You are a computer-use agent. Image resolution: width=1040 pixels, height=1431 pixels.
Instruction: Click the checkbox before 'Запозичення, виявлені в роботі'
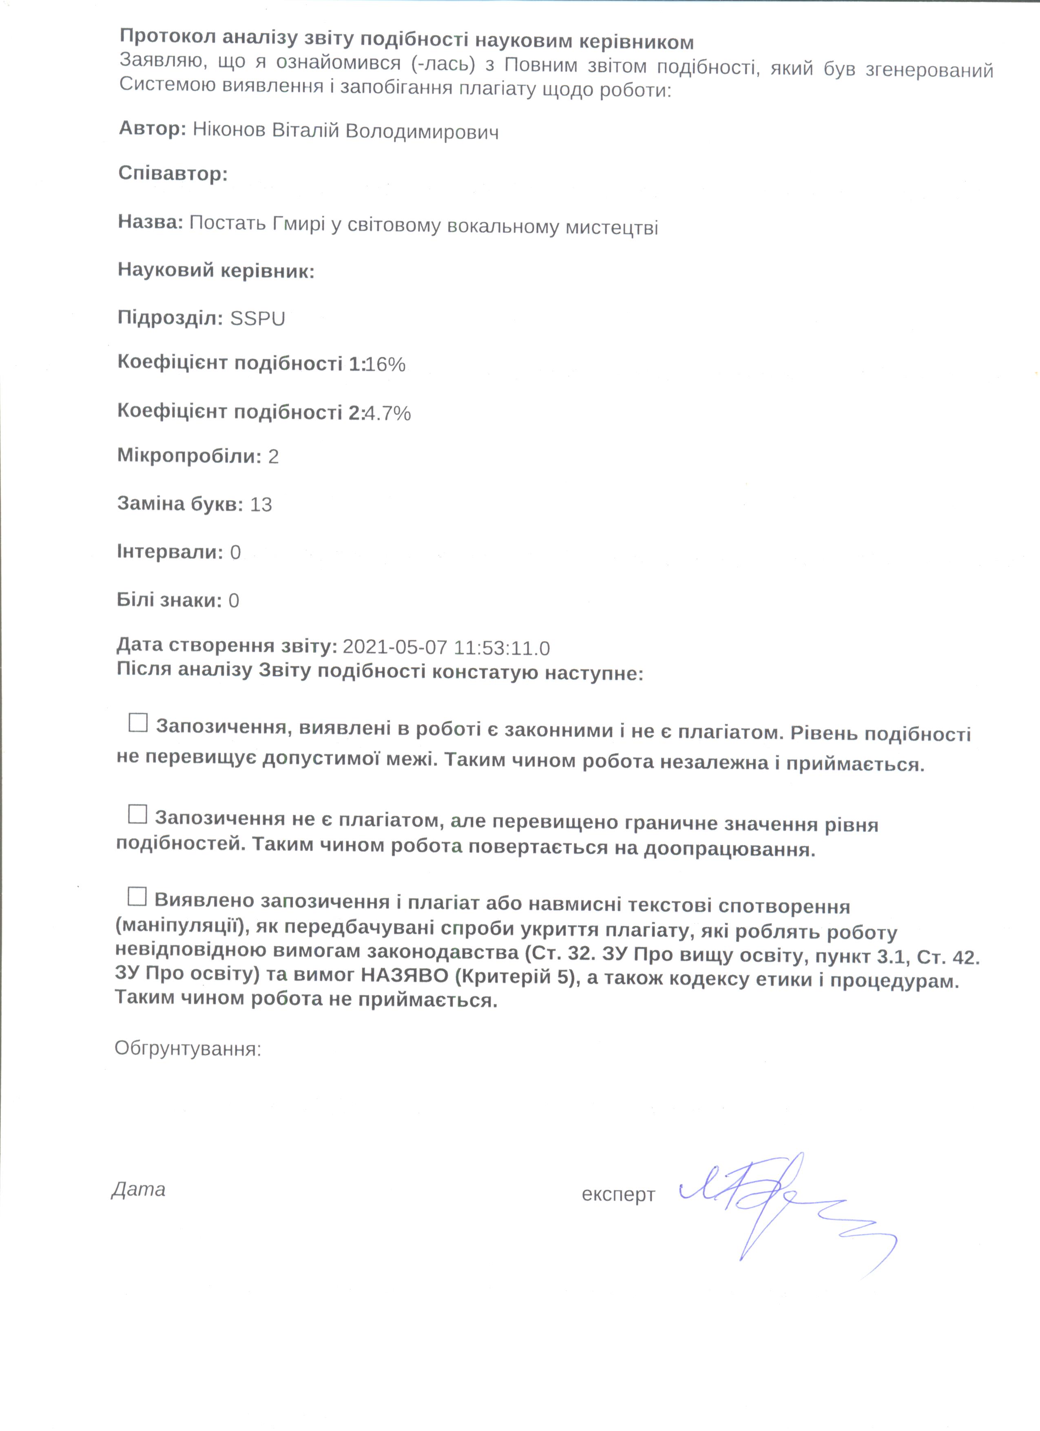coord(137,722)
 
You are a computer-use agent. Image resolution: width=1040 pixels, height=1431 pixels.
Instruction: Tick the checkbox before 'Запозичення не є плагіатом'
coord(137,814)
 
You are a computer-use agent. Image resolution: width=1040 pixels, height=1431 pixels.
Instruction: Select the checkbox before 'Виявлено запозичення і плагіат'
coord(137,897)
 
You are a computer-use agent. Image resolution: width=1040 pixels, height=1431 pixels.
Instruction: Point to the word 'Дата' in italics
coord(138,1189)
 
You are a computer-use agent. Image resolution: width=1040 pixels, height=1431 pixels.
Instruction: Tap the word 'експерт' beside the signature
coord(618,1195)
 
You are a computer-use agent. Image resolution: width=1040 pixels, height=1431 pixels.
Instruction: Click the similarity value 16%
coord(385,365)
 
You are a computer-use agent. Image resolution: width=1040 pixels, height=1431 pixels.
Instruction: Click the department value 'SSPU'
coord(257,319)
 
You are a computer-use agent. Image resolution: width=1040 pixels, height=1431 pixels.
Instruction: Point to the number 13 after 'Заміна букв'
coord(261,505)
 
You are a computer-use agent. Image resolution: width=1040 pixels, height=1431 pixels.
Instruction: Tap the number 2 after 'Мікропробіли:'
coord(272,457)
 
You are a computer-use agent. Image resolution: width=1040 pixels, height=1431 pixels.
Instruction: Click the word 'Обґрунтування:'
coord(188,1049)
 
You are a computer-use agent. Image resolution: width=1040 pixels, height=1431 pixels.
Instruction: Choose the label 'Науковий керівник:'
coord(216,271)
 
